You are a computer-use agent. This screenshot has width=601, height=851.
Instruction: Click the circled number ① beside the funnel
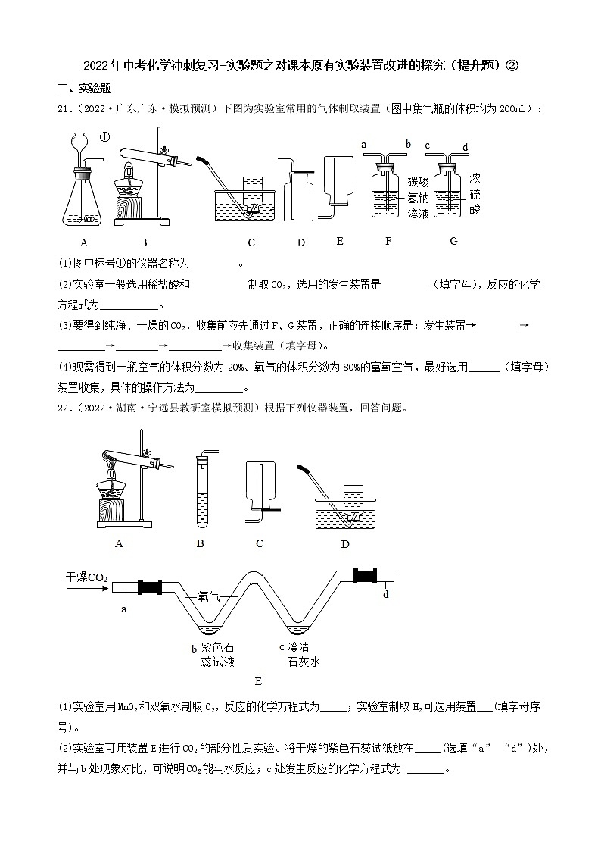point(104,137)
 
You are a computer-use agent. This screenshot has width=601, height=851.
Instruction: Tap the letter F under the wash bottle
point(388,242)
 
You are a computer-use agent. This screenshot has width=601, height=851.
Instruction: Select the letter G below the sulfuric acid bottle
point(453,242)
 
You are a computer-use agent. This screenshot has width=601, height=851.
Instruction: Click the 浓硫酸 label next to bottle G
point(475,193)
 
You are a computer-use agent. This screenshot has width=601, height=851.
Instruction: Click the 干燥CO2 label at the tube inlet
point(86,577)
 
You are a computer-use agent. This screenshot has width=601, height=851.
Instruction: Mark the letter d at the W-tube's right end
point(385,595)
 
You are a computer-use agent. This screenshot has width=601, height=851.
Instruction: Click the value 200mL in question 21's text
point(518,109)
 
